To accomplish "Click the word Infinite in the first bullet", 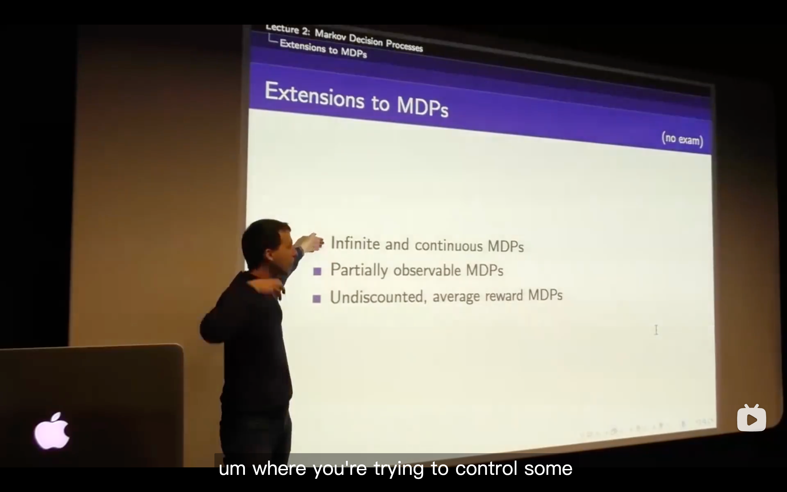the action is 355,243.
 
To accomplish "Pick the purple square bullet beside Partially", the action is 317,271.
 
